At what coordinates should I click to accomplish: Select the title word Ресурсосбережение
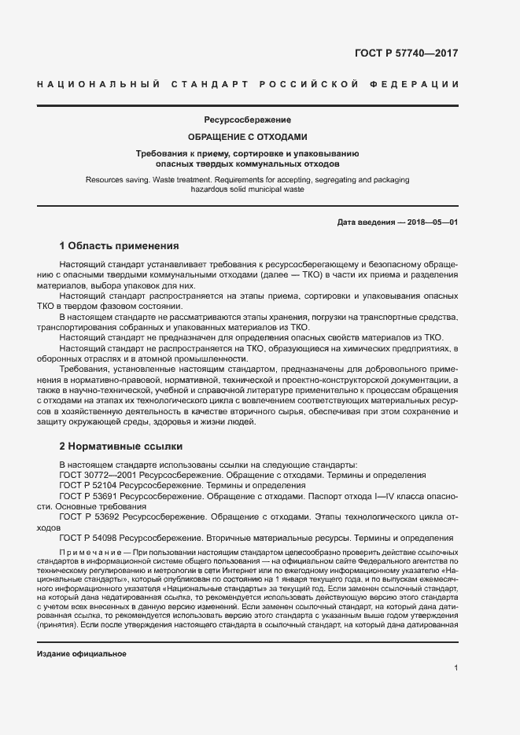[x=248, y=120]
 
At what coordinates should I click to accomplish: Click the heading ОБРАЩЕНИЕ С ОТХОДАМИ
[x=248, y=136]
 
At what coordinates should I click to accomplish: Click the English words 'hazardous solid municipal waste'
[x=248, y=189]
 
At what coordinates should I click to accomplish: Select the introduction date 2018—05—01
[x=432, y=222]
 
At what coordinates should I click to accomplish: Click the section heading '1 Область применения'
[x=120, y=245]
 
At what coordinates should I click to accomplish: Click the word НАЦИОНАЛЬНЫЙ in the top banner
[x=95, y=84]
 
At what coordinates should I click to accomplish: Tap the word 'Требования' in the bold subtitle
[x=160, y=153]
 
